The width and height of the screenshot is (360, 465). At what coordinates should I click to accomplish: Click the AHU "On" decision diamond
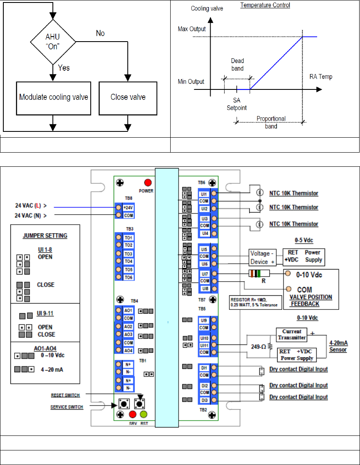click(53, 42)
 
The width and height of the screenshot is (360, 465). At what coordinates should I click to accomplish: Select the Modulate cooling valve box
click(53, 98)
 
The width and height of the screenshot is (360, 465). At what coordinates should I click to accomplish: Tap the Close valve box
click(128, 98)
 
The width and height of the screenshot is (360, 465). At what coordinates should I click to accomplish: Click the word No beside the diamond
click(100, 33)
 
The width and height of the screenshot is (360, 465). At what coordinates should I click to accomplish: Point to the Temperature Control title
click(265, 5)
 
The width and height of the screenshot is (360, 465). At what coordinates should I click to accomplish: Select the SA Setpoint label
click(237, 104)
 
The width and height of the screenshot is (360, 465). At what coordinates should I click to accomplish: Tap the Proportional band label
click(271, 121)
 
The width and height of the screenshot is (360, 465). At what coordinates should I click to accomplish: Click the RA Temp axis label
click(321, 77)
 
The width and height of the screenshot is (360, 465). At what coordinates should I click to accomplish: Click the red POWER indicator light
click(148, 183)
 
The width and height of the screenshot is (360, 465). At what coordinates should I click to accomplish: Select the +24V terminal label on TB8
click(128, 207)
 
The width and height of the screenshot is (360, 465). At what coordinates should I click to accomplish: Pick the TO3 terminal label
click(128, 254)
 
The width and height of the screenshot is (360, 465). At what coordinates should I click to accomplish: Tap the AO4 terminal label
click(128, 350)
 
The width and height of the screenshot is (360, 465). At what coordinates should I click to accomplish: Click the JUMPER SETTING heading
click(45, 236)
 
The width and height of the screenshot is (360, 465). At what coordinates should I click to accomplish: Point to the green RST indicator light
click(144, 414)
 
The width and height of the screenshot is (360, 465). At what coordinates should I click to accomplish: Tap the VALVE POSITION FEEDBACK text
click(310, 300)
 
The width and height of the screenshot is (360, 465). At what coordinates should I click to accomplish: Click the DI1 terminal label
click(204, 367)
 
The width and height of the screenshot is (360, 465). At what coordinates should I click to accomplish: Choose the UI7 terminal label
click(204, 274)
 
